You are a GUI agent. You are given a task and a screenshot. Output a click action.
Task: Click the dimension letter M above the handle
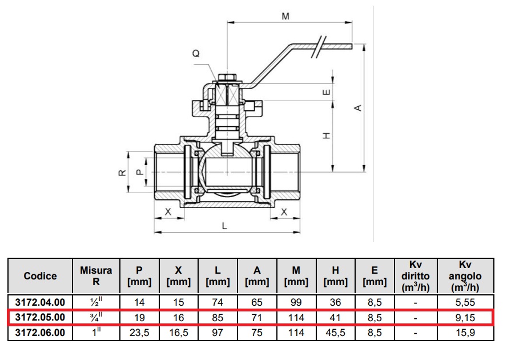[285, 17]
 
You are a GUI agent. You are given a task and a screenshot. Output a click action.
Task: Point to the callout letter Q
[196, 54]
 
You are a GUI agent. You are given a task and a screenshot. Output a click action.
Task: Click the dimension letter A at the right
[358, 107]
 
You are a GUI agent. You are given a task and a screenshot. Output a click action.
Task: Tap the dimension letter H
[326, 135]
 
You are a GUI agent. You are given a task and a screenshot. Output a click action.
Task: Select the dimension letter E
[326, 92]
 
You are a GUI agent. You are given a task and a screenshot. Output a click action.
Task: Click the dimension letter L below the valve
[225, 226]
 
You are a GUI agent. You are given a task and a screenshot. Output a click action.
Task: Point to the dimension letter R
[122, 173]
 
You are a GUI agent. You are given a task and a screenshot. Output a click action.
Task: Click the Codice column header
[40, 276]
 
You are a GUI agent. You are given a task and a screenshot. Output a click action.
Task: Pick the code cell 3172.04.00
[40, 302]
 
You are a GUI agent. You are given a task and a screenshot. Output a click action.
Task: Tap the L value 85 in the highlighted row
[218, 317]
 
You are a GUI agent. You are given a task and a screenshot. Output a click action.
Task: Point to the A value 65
[257, 302]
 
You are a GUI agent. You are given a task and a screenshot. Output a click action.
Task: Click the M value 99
[296, 302]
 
